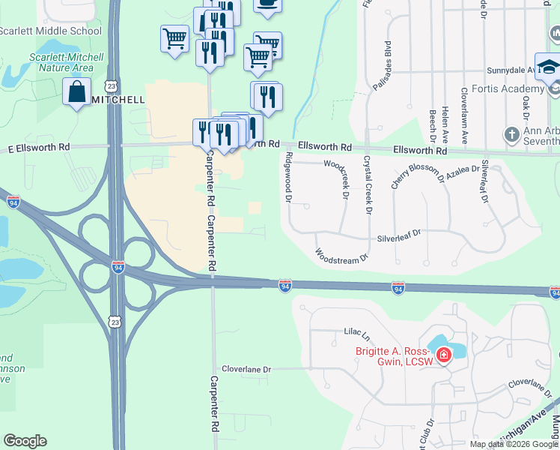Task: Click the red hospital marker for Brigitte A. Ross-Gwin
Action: point(443,353)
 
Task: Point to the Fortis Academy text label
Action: point(478,89)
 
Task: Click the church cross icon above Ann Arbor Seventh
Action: point(512,135)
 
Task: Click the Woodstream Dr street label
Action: point(342,255)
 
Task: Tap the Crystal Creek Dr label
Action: point(368,184)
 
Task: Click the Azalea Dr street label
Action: point(462,171)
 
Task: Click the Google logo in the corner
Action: point(25,441)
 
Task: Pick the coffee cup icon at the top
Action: point(267,4)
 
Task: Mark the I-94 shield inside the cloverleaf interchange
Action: point(118,266)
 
